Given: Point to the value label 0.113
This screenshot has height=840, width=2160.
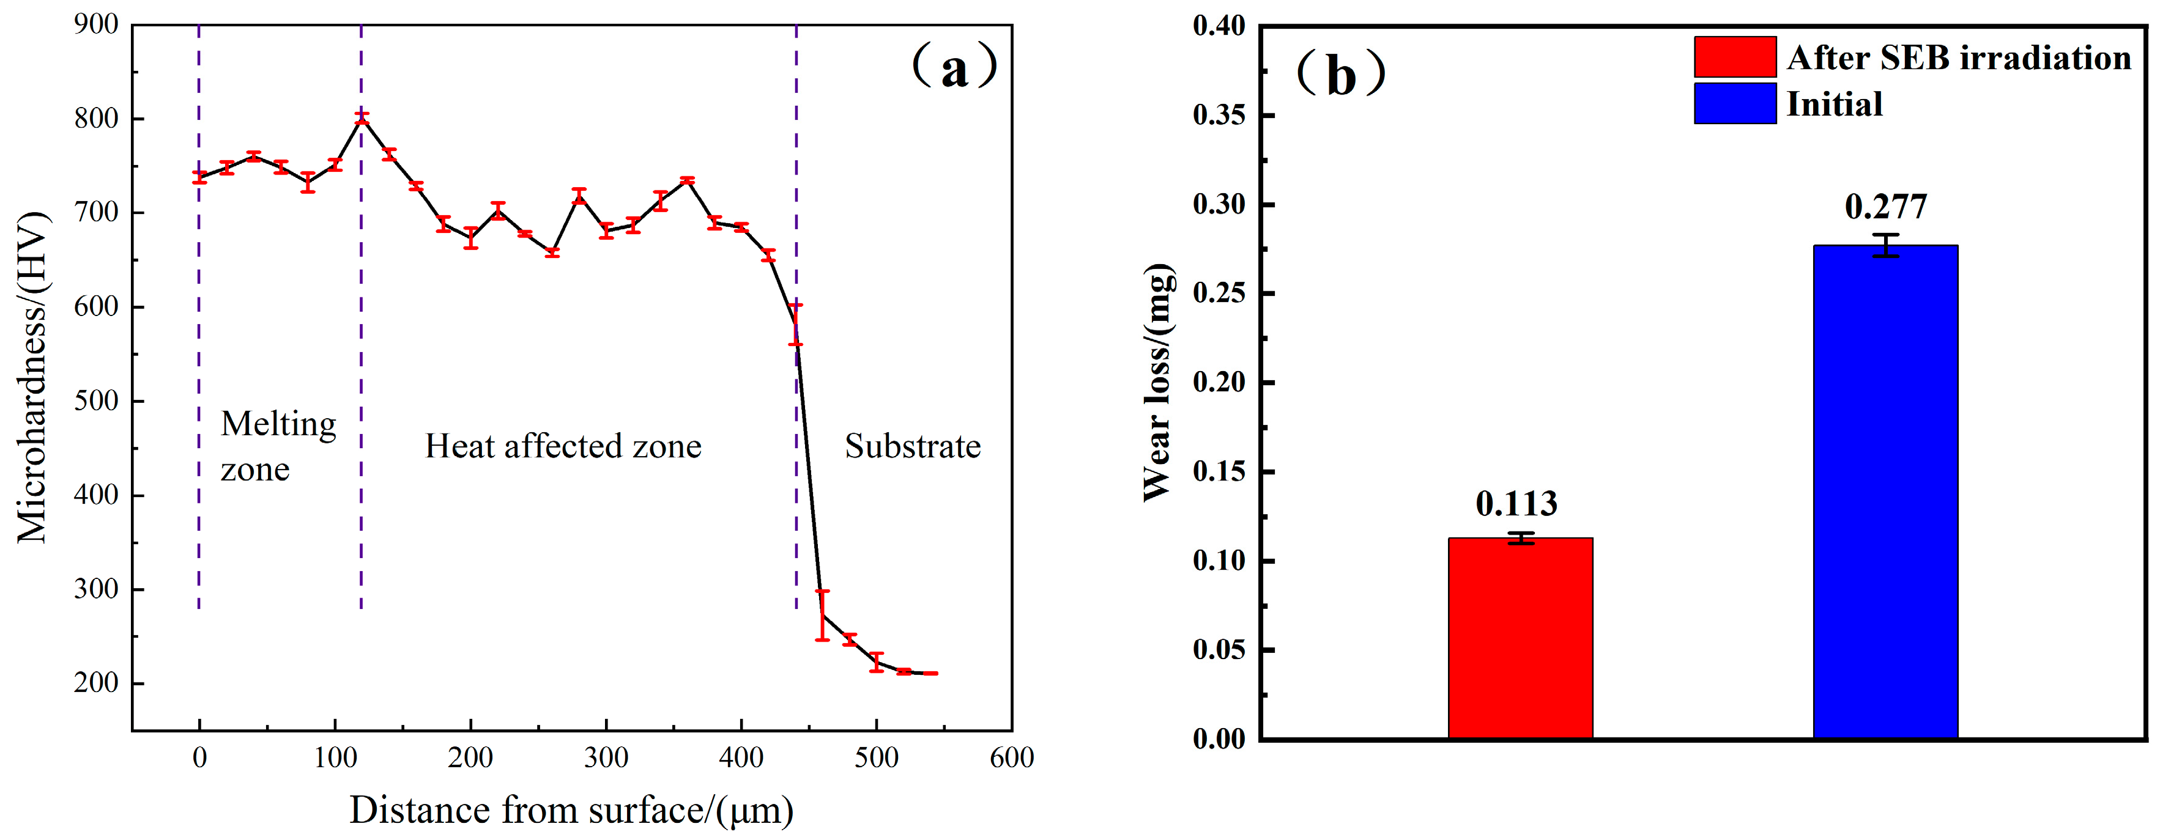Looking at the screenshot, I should point(1516,504).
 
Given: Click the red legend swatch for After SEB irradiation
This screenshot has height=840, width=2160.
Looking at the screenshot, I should point(1734,57).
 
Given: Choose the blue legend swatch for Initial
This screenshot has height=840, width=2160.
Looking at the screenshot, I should point(1734,103).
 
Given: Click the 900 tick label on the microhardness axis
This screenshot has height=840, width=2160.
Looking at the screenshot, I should point(95,24).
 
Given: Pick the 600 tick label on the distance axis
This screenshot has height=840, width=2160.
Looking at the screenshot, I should point(1011,758).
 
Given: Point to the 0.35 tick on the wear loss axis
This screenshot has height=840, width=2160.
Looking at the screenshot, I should point(1219,115).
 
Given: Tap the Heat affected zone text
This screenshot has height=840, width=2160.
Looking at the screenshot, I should point(563,446).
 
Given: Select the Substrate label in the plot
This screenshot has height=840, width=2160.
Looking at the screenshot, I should point(912,446).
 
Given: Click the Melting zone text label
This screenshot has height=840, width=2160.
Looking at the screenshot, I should point(278,446).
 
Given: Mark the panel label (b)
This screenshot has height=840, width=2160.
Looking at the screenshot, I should point(1340,75).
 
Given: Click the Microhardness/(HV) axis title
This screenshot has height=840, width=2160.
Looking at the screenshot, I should point(32,377).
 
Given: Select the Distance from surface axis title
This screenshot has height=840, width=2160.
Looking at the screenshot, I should point(571,811).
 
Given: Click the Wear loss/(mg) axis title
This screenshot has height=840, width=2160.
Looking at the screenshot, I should point(1158,382).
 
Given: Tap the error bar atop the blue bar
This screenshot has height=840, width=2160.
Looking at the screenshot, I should point(1885,245).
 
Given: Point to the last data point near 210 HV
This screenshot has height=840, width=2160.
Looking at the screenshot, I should point(931,673).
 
